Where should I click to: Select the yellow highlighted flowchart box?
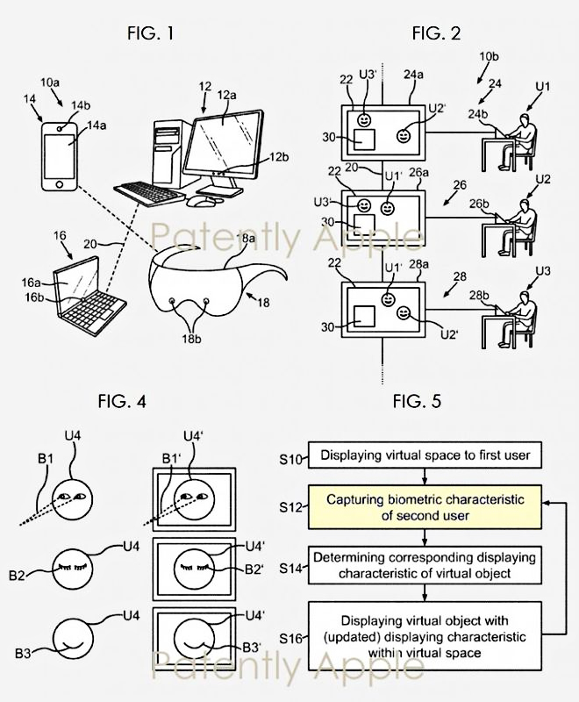click(424, 508)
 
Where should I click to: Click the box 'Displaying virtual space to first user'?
click(424, 455)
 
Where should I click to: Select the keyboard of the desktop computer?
click(150, 191)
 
